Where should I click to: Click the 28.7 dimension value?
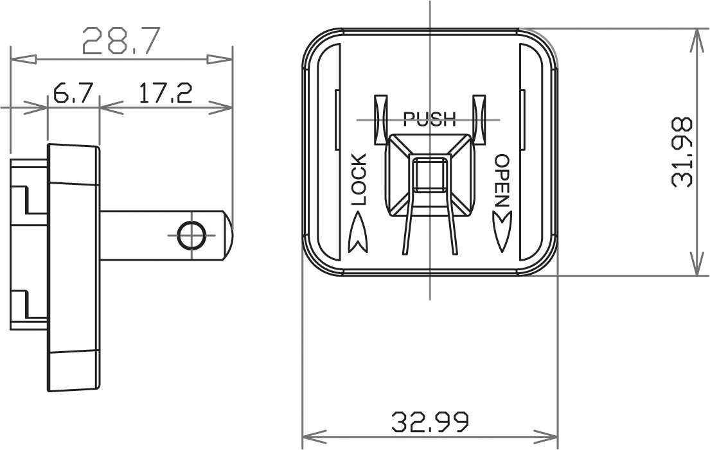tap(120, 42)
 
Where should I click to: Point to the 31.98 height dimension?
tap(682, 152)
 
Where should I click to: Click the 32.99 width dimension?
tap(430, 421)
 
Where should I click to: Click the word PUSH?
tap(429, 119)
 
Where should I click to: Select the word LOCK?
tap(359, 179)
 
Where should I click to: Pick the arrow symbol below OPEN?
tap(501, 232)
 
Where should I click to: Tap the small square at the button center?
tap(430, 175)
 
